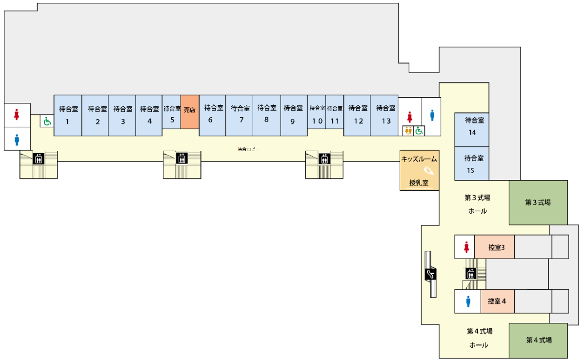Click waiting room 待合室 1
pyautogui.click(x=68, y=115)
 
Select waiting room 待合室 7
pyautogui.click(x=240, y=115)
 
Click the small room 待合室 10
pyautogui.click(x=317, y=115)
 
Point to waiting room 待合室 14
pyautogui.click(x=471, y=126)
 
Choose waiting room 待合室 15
pyautogui.click(x=471, y=164)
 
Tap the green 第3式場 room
pyautogui.click(x=538, y=202)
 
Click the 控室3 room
pyautogui.click(x=495, y=247)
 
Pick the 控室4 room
pyautogui.click(x=497, y=301)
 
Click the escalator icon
pyautogui.click(x=430, y=275)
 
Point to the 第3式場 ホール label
pyautogui.click(x=477, y=204)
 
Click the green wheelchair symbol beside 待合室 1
pyautogui.click(x=47, y=121)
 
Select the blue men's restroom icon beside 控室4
pyautogui.click(x=468, y=301)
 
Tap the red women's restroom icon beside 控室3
pyautogui.click(x=467, y=247)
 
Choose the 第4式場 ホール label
pyautogui.click(x=479, y=338)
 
